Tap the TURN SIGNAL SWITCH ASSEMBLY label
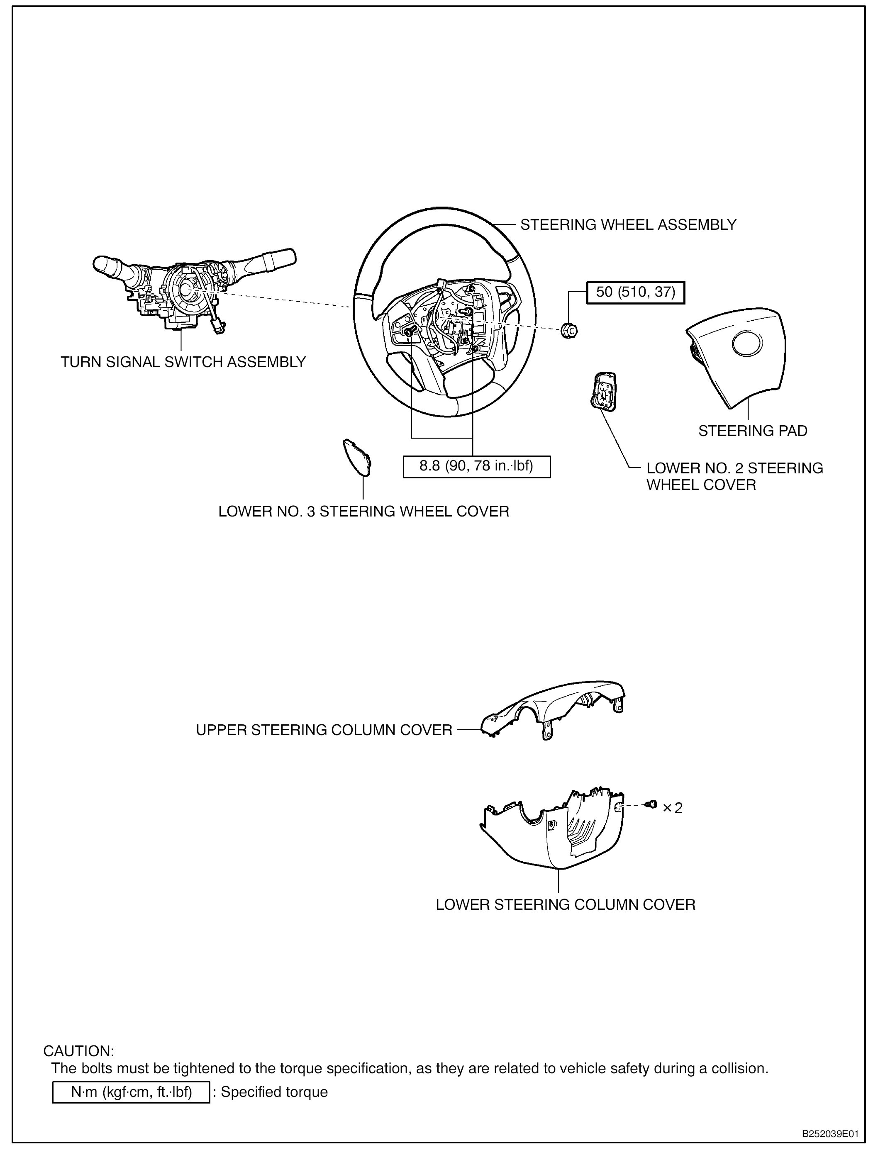tap(183, 362)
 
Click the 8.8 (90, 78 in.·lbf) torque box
tap(476, 466)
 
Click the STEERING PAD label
tap(752, 431)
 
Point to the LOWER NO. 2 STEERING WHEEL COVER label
tap(734, 476)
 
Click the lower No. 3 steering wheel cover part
tap(357, 458)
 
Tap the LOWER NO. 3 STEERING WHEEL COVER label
tap(363, 511)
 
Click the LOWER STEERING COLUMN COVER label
tap(565, 905)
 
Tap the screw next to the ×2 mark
tap(651, 805)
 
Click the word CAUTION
tap(78, 1051)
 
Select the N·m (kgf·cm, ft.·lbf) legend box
tap(131, 1092)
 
